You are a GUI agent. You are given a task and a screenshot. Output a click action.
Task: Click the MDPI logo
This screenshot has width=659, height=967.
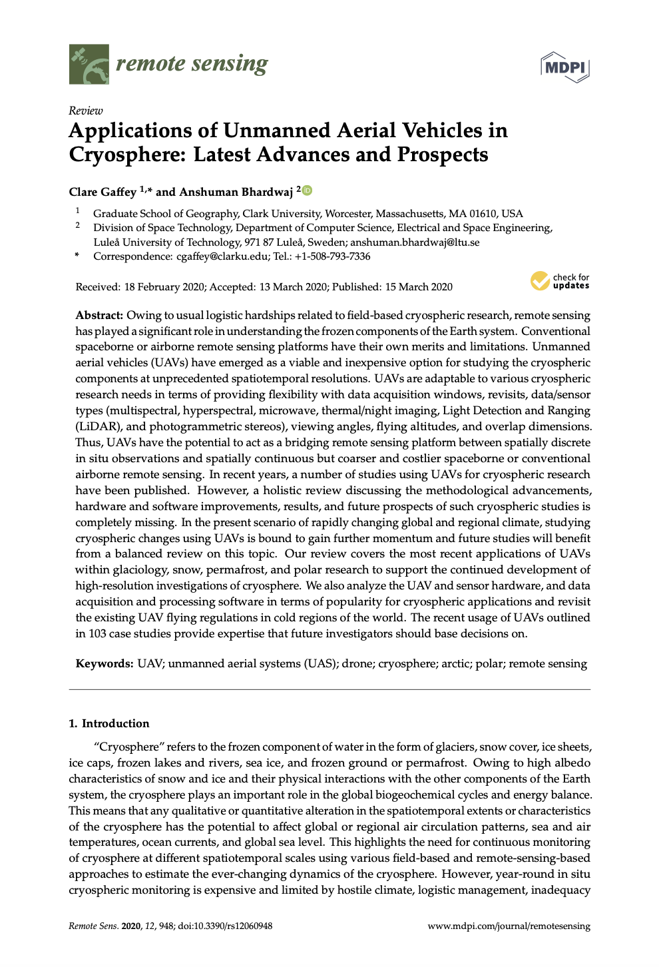point(565,67)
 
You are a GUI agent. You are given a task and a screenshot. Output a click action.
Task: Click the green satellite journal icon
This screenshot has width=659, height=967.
point(89,64)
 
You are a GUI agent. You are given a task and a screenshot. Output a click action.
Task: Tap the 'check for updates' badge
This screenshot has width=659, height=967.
point(560,282)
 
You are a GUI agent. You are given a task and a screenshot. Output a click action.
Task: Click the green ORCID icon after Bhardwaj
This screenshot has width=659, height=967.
point(307,190)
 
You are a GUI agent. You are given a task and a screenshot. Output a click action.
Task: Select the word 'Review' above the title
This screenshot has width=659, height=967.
point(86,111)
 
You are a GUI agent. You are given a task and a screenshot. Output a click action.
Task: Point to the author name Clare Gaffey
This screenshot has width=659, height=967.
point(103,192)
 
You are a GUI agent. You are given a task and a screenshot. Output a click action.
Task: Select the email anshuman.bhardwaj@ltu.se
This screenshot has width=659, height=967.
point(415,242)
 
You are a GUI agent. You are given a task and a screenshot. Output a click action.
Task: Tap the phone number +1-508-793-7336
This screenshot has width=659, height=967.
point(333,256)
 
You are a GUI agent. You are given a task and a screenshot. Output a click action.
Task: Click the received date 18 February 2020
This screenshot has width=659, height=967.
point(164,287)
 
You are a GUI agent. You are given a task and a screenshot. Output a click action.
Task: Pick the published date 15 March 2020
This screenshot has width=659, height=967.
point(419,287)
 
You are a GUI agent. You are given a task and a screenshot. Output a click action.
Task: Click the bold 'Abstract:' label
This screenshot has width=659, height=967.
point(99,316)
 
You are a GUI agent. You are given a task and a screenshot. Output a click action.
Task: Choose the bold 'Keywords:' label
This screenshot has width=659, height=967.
point(105,664)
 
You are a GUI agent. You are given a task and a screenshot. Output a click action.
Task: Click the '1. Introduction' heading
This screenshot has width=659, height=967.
point(109,724)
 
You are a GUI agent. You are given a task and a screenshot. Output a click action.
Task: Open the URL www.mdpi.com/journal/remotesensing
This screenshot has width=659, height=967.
point(509,926)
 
